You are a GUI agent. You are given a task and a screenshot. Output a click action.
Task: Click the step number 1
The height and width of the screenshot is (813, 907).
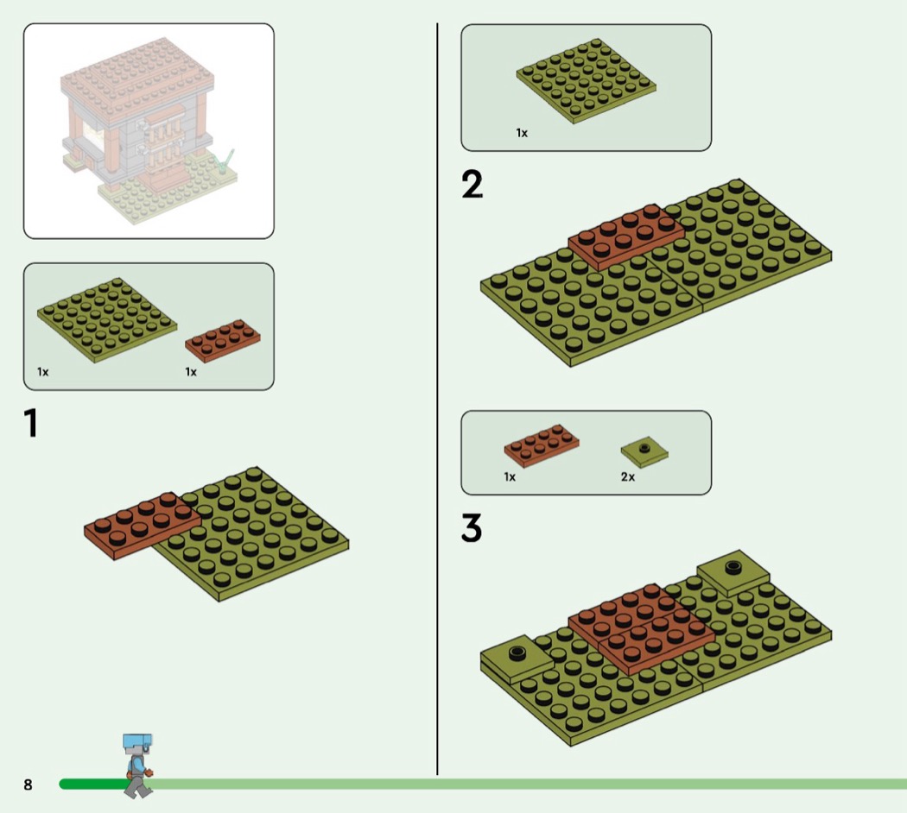[x=31, y=423]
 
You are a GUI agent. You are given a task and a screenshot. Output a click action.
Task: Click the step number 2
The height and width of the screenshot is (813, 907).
[x=472, y=185]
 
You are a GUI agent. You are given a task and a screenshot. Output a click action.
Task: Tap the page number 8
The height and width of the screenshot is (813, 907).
[x=28, y=785]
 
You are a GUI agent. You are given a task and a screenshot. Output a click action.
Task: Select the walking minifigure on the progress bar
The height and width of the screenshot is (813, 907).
[x=137, y=766]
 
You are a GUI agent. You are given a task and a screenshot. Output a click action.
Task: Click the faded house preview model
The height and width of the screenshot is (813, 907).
[x=149, y=131]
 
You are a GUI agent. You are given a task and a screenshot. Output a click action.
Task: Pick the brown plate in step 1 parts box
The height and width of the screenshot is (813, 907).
[x=223, y=341]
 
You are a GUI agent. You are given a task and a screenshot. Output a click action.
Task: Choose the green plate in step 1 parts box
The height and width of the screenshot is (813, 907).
[x=107, y=320]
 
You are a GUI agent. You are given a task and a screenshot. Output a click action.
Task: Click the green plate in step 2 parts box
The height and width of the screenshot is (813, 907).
[x=586, y=81]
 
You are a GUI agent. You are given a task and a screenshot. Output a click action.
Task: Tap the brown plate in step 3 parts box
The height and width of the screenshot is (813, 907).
[x=542, y=445]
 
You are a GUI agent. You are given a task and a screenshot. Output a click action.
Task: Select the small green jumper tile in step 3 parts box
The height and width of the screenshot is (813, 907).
[x=644, y=451]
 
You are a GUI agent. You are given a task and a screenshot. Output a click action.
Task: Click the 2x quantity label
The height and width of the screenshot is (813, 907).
[x=628, y=476]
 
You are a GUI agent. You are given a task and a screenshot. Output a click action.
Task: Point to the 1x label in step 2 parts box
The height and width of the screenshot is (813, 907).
[x=522, y=133]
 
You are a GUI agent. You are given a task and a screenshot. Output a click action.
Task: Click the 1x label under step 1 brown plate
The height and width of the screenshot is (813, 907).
[x=191, y=372]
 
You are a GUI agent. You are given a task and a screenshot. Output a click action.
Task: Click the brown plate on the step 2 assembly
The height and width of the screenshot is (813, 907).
[x=626, y=236]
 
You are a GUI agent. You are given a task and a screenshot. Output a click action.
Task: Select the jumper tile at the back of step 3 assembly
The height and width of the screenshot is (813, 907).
[x=733, y=573]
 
